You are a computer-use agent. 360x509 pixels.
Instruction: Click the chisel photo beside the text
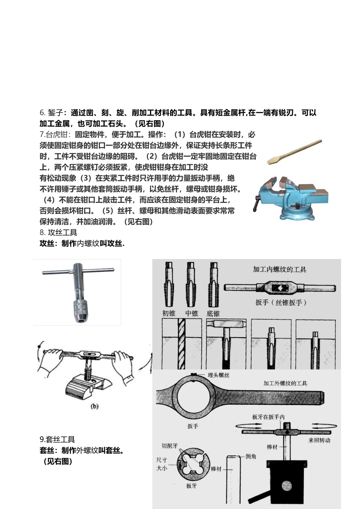(294, 152)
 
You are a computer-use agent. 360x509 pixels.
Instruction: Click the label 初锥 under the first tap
(169, 313)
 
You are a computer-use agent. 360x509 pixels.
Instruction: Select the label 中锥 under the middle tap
(192, 313)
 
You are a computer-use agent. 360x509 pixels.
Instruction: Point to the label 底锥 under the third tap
(213, 314)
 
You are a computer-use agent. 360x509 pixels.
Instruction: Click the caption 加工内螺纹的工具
(280, 270)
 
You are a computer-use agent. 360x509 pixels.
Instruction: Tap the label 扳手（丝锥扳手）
(281, 302)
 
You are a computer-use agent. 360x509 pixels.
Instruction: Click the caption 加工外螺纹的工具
(285, 383)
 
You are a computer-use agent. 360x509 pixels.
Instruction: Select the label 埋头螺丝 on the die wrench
(218, 375)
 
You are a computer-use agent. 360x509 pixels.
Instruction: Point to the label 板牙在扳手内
(268, 417)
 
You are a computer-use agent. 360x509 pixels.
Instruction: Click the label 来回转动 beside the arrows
(319, 440)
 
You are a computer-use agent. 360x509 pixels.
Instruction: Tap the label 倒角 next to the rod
(251, 456)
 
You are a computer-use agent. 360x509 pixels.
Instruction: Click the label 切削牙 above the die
(170, 446)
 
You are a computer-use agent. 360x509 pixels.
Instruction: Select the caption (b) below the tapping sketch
(94, 406)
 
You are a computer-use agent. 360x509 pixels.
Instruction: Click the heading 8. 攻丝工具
(58, 233)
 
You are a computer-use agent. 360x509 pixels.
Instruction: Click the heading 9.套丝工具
(57, 440)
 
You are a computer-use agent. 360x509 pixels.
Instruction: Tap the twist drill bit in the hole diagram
(182, 344)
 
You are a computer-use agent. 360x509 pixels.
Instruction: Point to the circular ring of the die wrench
(193, 396)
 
